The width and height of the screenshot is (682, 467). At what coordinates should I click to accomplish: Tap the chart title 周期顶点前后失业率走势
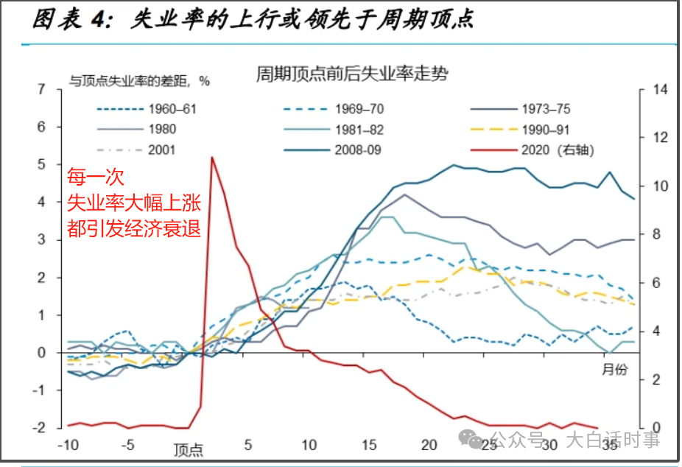pyautogui.click(x=352, y=74)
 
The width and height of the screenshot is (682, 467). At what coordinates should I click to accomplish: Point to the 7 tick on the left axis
pyautogui.click(x=41, y=90)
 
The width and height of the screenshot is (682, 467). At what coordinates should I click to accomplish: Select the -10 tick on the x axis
pyautogui.click(x=68, y=446)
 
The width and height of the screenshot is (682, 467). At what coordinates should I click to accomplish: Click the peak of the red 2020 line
pyautogui.click(x=212, y=157)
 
